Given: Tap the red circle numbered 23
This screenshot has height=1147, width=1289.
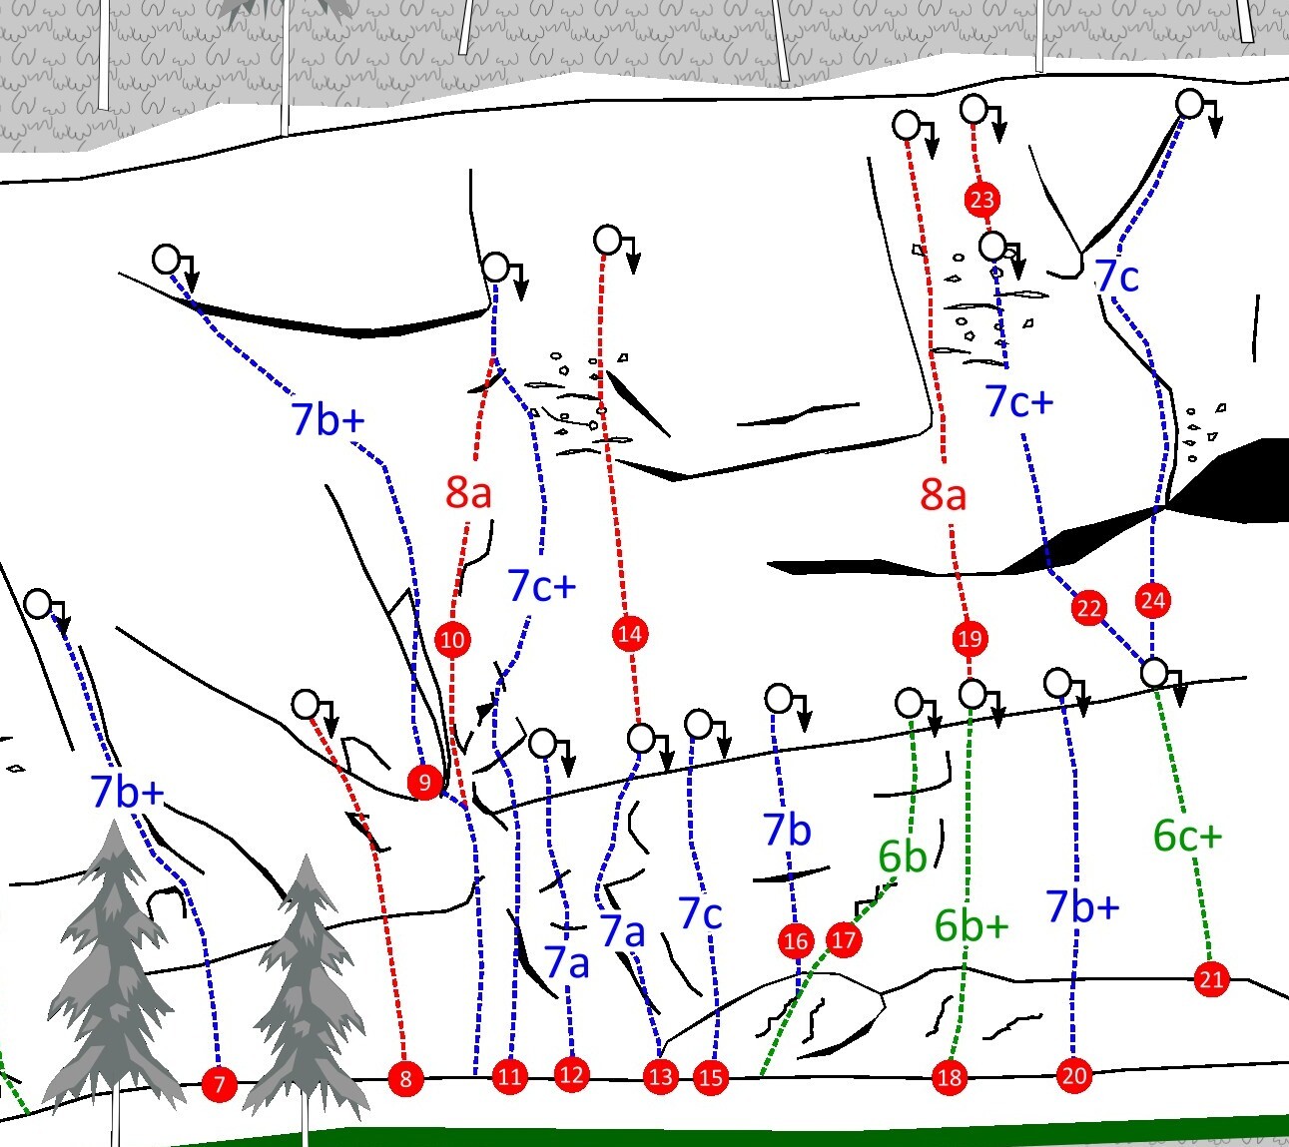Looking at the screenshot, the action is [x=982, y=200].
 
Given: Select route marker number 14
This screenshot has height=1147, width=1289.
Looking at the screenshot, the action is [x=630, y=634].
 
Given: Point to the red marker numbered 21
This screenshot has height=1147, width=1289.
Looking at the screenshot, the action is [x=1211, y=979].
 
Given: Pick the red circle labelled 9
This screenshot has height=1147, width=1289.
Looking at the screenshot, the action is [x=424, y=782].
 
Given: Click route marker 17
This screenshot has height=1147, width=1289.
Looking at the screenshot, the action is [x=844, y=939].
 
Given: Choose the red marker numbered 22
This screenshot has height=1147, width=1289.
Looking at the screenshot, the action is [x=1088, y=608].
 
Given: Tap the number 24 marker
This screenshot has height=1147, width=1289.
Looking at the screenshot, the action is [x=1153, y=600].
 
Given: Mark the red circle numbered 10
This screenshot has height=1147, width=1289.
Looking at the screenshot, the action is [x=452, y=639].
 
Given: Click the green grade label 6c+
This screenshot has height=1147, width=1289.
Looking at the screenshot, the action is [x=1187, y=836].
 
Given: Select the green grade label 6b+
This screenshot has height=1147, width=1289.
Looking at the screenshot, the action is [x=971, y=925].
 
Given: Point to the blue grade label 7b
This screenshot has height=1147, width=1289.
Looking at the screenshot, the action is [x=788, y=830].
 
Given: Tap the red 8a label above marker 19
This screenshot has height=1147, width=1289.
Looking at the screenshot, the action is [x=943, y=494].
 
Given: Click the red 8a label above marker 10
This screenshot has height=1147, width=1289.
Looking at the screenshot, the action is [x=468, y=492].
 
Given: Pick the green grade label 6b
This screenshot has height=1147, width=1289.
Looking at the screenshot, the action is [x=902, y=856].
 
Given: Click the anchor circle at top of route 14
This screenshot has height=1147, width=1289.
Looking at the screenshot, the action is [x=608, y=241].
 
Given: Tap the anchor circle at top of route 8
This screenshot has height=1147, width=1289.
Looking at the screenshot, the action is [x=307, y=704].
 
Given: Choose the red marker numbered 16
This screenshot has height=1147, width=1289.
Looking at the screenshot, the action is [x=796, y=941].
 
